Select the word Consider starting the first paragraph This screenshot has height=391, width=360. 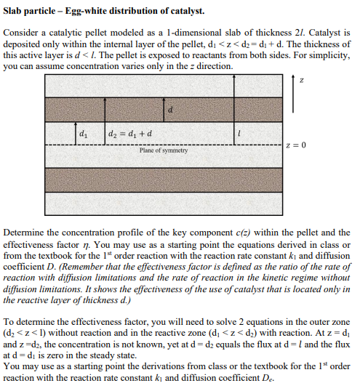23,33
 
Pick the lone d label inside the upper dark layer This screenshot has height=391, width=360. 171,110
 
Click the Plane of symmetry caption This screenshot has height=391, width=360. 164,150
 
